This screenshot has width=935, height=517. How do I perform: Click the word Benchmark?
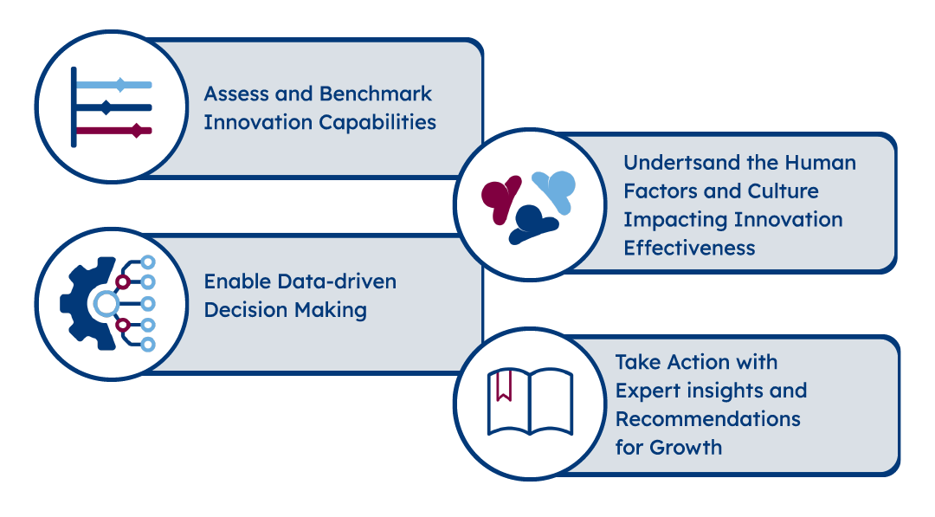376,94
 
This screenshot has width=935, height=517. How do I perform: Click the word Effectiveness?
689,248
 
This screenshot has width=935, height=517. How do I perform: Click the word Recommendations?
708,418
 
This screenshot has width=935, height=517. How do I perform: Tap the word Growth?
686,447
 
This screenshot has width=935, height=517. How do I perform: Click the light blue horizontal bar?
114,85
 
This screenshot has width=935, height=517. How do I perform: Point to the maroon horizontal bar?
114,131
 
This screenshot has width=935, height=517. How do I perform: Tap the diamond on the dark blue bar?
106,108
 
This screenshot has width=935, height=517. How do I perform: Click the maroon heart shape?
500,197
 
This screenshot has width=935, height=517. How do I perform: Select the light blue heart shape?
556,190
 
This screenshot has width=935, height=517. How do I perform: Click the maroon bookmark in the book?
504,385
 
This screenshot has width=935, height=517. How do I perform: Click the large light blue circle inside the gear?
106,304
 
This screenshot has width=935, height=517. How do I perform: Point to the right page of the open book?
551,401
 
